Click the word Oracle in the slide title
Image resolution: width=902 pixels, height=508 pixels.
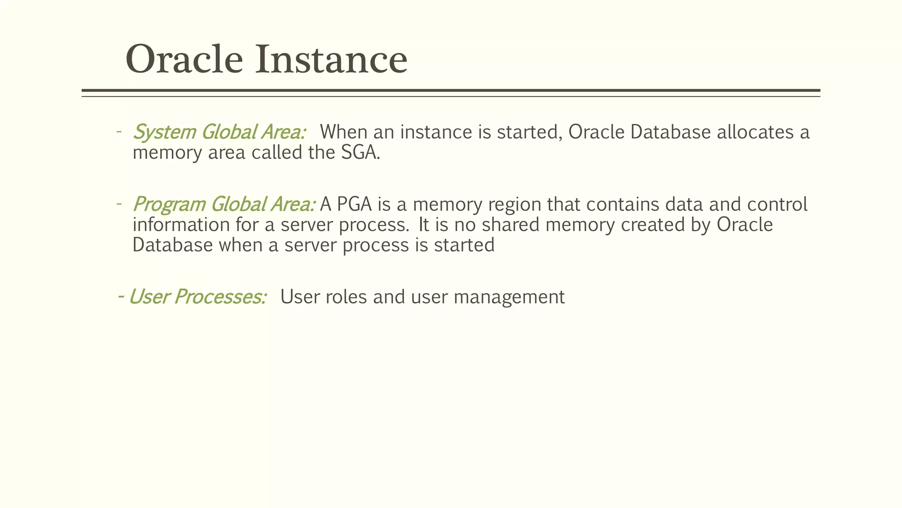[x=184, y=60]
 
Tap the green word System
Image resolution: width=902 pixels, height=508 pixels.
[x=164, y=132]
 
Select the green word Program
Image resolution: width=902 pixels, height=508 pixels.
[x=169, y=205]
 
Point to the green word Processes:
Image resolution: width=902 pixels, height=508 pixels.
[x=220, y=297]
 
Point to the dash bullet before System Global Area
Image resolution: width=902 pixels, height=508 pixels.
[x=118, y=132]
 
